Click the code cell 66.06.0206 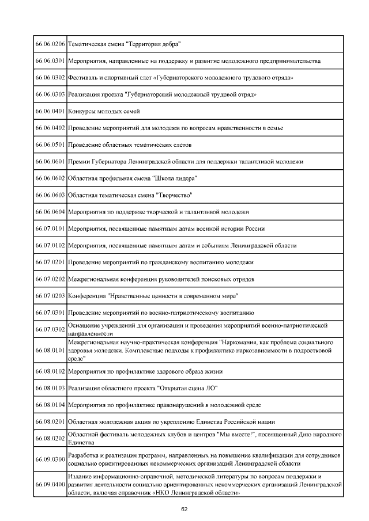click(50, 44)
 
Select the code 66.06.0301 click(50, 61)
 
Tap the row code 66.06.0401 click(50, 111)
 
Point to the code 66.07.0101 click(50, 229)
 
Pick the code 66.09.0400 click(50, 485)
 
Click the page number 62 click(184, 509)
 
